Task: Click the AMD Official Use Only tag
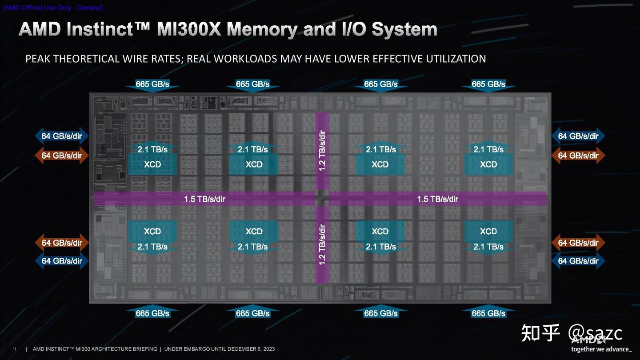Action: tap(53, 8)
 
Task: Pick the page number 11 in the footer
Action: tap(14, 349)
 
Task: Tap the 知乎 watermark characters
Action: tap(540, 333)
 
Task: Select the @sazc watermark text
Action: tap(596, 333)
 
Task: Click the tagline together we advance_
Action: tap(601, 349)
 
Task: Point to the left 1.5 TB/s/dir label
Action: tap(204, 199)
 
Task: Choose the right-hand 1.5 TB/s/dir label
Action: tap(437, 199)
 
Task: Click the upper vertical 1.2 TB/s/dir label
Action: tap(322, 150)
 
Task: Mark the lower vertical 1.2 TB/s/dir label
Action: tap(322, 244)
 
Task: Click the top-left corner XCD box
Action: tap(152, 164)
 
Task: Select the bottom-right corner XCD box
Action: tap(488, 231)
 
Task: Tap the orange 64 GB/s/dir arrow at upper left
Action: tap(62, 156)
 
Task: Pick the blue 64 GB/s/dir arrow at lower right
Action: tap(578, 261)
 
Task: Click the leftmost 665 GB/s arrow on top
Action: tap(152, 84)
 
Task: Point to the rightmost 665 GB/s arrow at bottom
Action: tap(488, 313)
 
